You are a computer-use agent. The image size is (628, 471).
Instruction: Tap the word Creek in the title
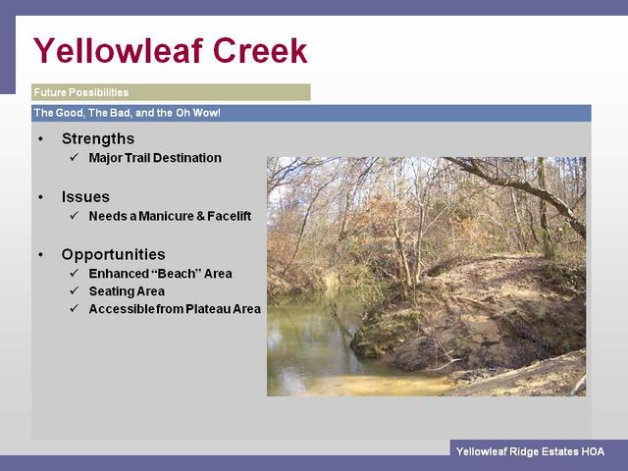(260, 50)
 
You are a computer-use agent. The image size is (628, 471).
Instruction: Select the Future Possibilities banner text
(80, 92)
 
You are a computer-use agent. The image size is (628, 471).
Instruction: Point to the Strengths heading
(98, 138)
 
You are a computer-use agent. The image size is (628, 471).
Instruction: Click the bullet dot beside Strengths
(41, 139)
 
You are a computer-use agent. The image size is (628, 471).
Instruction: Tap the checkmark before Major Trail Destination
(75, 157)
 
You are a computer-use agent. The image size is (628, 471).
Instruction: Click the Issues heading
(85, 196)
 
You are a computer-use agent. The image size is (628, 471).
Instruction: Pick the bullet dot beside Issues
(41, 197)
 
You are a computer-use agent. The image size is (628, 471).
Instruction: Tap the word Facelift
(229, 216)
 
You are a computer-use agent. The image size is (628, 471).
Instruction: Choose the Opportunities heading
(114, 255)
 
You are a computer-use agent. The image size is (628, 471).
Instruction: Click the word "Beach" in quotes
(175, 274)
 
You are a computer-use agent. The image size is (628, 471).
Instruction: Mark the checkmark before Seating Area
(75, 290)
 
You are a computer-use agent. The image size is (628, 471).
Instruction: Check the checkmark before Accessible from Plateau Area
(75, 308)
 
